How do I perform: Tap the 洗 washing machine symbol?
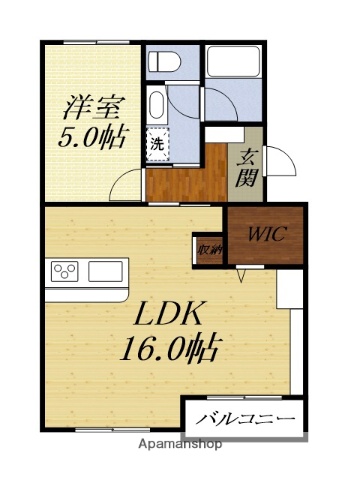[158, 143]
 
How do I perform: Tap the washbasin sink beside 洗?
[157, 105]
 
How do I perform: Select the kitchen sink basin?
[104, 271]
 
